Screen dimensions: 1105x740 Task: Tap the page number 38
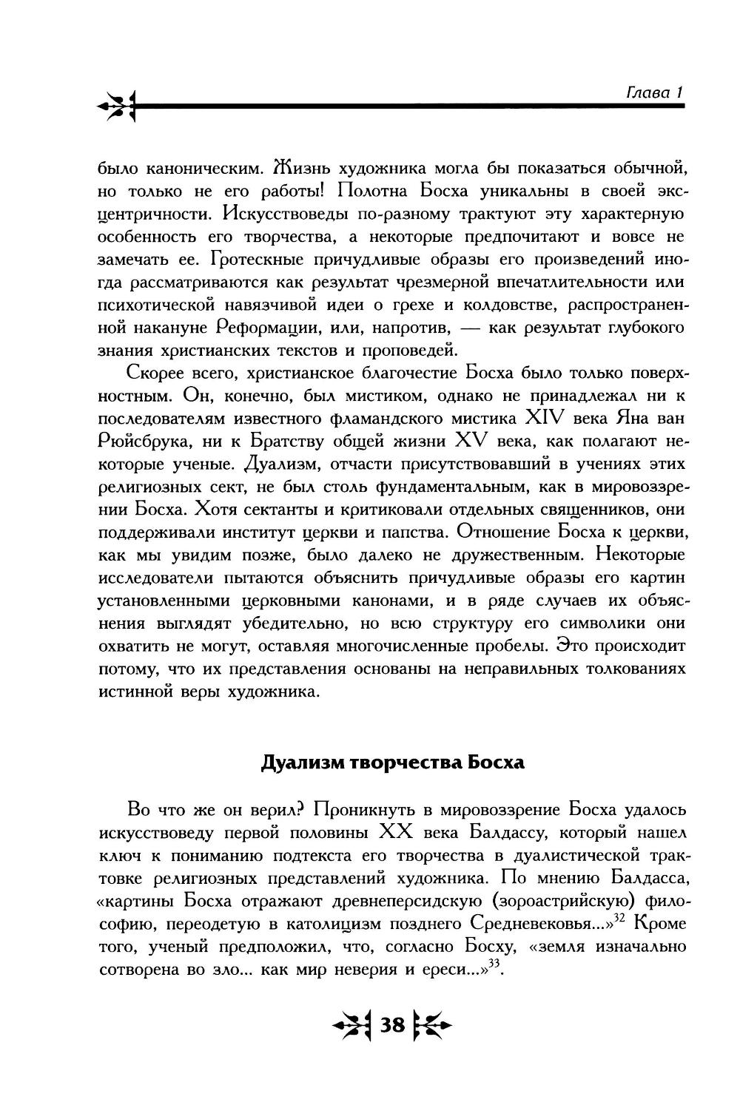392,1025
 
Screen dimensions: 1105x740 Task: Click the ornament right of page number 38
431,1026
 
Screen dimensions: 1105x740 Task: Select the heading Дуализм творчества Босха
392,763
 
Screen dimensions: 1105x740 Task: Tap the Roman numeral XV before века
473,442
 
